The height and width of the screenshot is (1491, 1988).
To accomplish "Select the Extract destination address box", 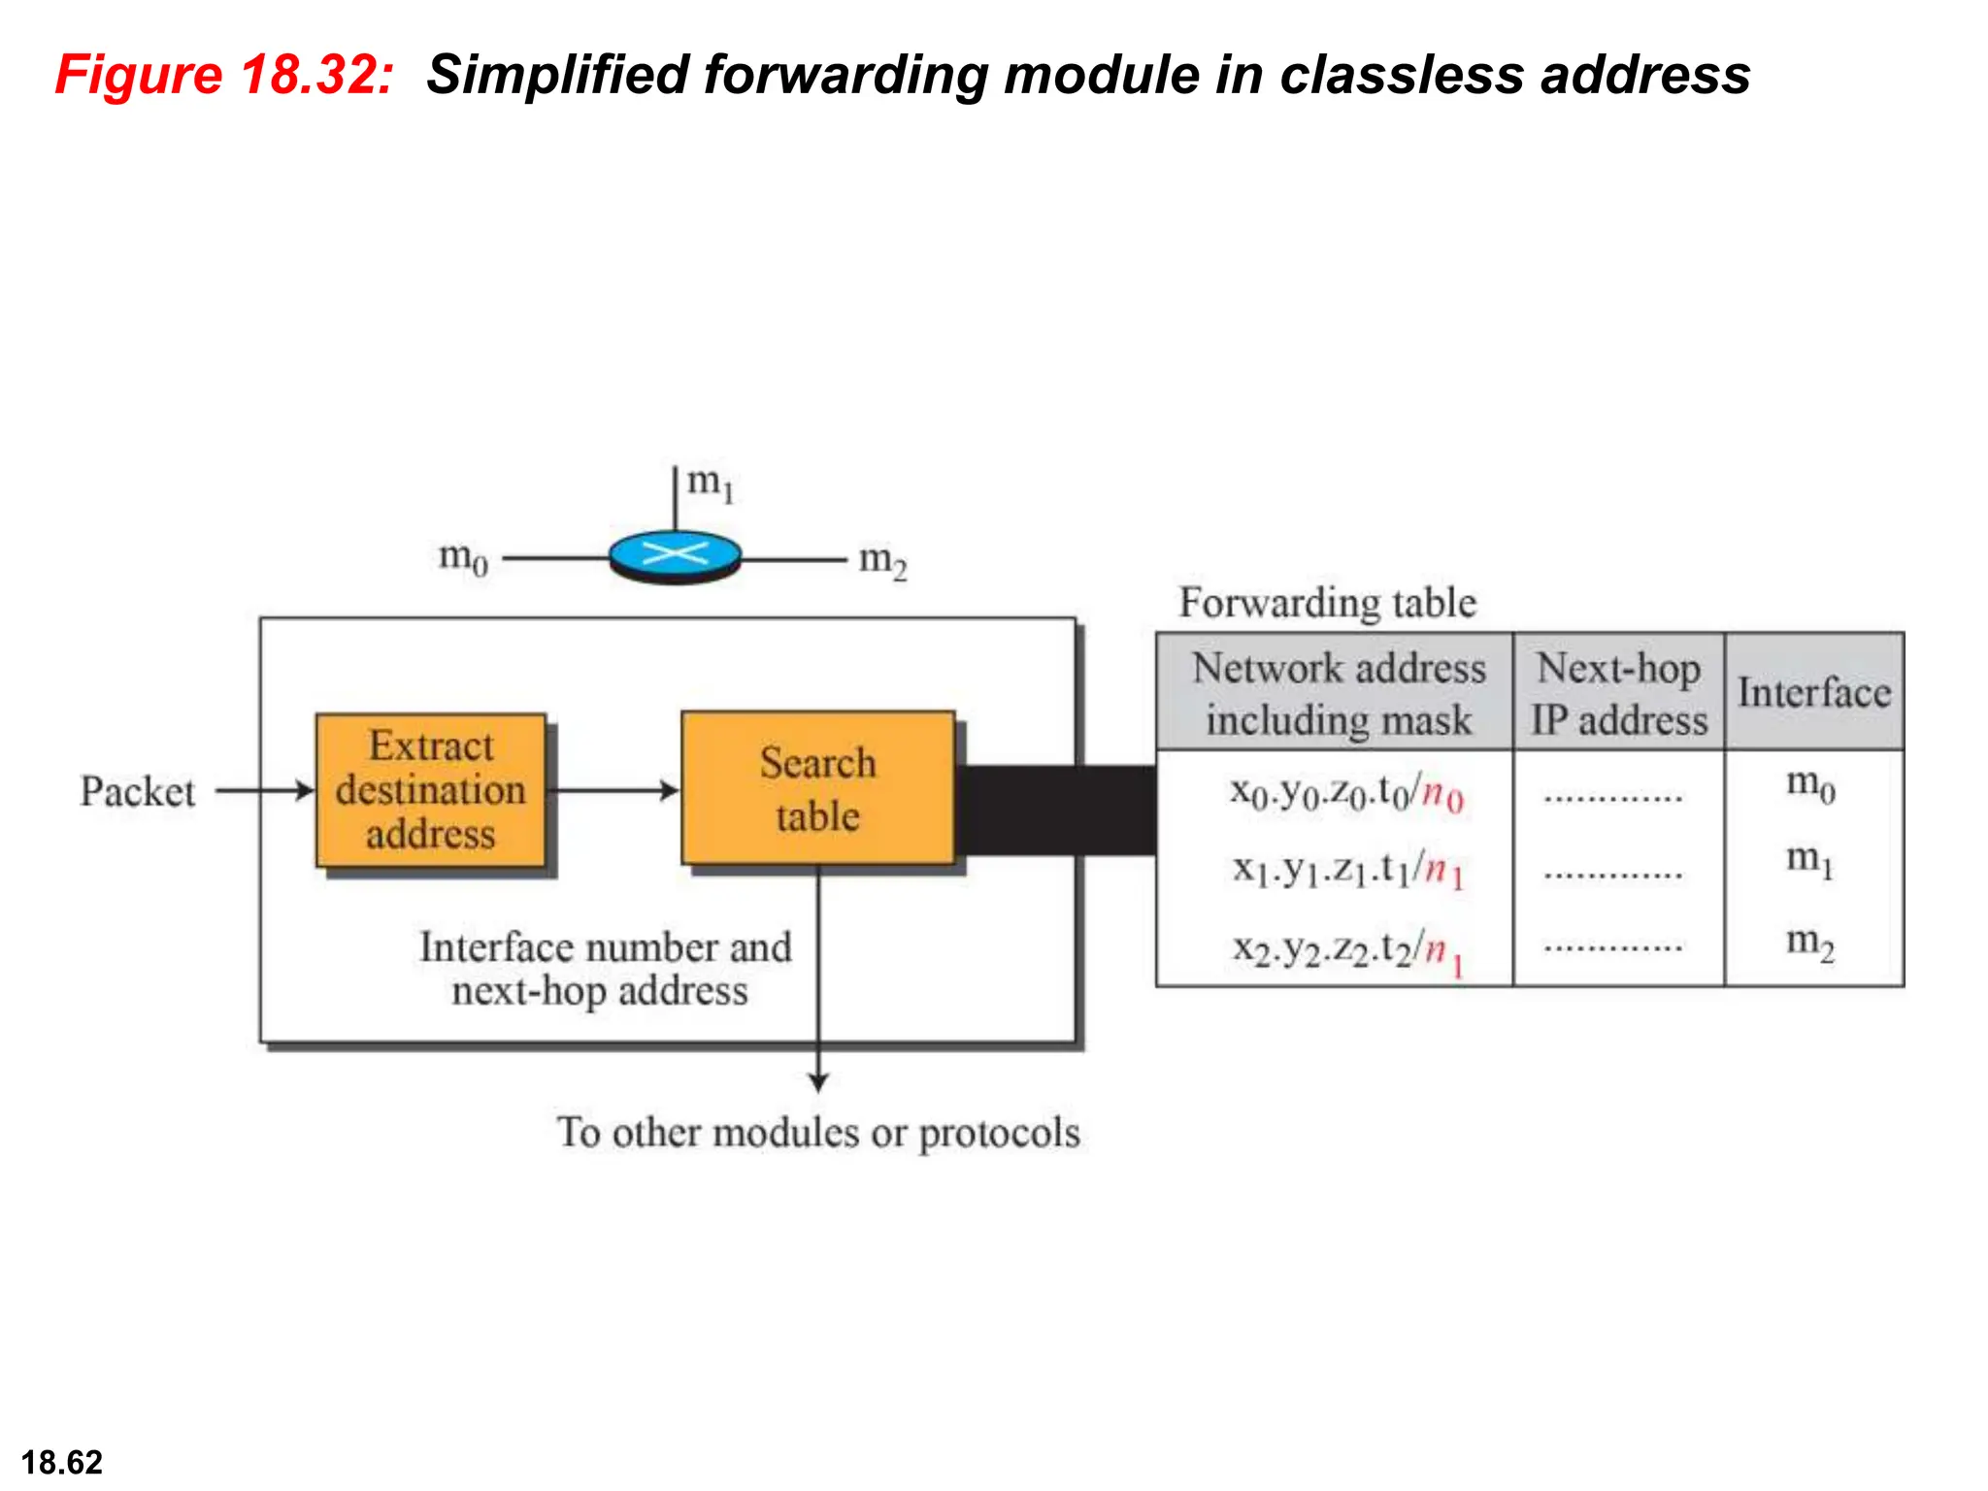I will (430, 790).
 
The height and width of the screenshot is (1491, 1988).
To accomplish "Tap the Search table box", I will (817, 788).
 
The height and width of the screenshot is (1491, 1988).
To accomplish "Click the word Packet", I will (137, 791).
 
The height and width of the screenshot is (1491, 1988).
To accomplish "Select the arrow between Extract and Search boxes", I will (613, 790).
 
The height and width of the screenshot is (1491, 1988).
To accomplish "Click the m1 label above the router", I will (711, 482).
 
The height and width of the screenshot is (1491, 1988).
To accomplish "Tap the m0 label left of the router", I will (463, 558).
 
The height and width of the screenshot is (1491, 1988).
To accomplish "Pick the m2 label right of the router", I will (882, 561).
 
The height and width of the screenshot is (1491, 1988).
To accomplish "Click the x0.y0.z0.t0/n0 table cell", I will (1345, 793).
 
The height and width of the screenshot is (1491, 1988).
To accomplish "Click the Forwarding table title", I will (1327, 603).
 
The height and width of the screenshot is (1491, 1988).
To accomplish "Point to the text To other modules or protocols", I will (817, 1133).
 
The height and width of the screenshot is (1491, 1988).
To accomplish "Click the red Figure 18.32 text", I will (224, 75).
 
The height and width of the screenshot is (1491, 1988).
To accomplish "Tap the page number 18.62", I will (61, 1462).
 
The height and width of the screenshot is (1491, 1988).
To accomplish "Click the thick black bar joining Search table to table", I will (1056, 811).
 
